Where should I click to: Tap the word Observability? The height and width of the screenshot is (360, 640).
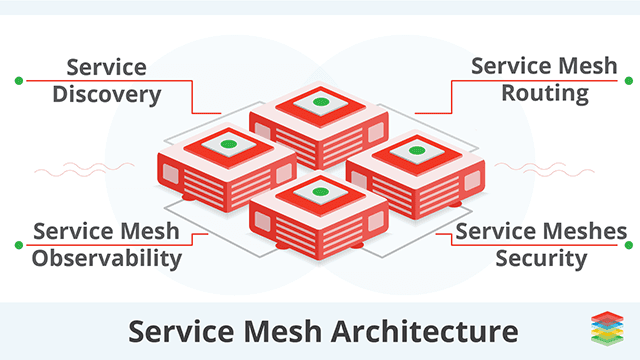106,258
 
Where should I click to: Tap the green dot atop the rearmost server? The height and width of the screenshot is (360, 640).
319,102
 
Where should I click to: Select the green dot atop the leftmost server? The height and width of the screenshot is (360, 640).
228,146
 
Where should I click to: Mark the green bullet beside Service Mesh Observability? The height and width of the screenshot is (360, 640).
18,244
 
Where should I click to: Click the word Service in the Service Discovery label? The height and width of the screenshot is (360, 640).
107,68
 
